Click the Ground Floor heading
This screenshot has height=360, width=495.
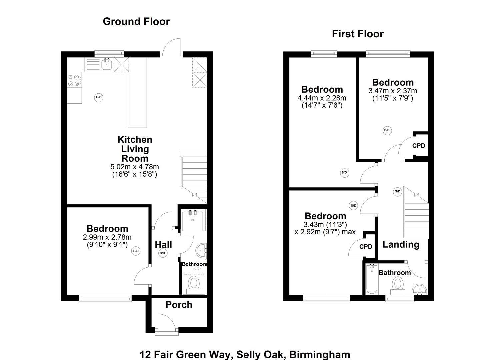(x=136, y=22)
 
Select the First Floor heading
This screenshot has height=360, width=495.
(x=358, y=34)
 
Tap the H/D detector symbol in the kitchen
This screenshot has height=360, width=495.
(x=99, y=98)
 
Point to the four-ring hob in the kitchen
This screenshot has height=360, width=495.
(x=74, y=80)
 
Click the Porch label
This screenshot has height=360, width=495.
(x=179, y=305)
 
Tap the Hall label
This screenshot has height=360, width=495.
(x=163, y=245)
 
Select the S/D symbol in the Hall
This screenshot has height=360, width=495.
(x=162, y=253)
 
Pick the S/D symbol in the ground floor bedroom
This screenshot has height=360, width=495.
(x=136, y=251)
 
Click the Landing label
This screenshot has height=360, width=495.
(x=401, y=245)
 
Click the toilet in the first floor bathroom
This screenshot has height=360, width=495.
(x=397, y=285)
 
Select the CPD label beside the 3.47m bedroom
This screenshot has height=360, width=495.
(x=419, y=146)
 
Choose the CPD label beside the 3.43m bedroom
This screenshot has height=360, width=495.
(x=366, y=247)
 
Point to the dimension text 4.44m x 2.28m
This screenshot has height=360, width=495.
(x=322, y=98)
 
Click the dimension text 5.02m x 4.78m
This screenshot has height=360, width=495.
(x=134, y=167)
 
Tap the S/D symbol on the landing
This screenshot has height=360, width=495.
(x=397, y=191)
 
